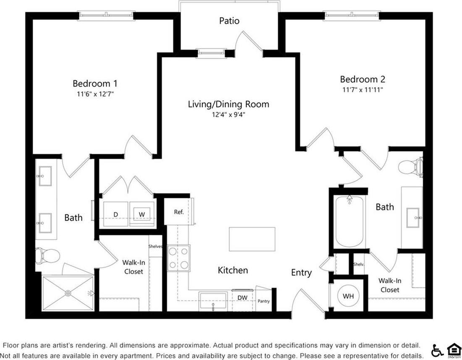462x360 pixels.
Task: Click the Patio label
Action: coord(229,21)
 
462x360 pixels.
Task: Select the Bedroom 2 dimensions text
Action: coord(362,89)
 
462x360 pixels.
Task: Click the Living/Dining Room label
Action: coord(228,104)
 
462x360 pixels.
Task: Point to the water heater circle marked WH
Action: coord(348,296)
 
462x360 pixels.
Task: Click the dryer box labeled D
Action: coord(115,214)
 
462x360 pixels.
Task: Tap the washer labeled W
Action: coord(142,214)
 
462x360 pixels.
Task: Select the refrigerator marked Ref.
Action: coord(179,212)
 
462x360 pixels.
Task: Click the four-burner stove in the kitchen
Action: coord(179,258)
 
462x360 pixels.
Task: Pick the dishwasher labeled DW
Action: coord(243,298)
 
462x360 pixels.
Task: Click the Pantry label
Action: coord(264,301)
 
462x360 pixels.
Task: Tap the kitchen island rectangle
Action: coord(252,239)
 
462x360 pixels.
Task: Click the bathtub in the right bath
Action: coord(349,223)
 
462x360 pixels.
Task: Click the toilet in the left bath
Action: coord(47,255)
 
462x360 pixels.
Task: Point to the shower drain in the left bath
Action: coord(68,293)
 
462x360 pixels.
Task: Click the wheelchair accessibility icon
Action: coord(437,349)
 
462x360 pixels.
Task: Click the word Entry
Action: coord(301,273)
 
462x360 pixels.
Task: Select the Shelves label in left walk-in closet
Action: coord(155,247)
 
